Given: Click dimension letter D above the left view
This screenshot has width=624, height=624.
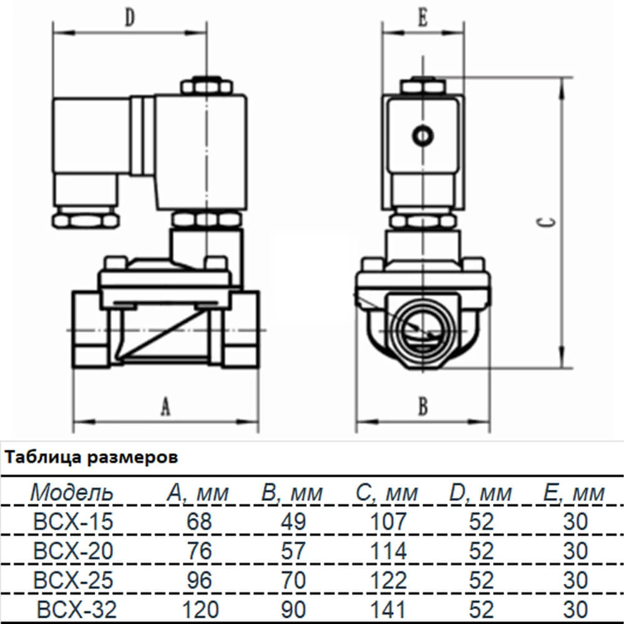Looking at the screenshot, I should tap(129, 19).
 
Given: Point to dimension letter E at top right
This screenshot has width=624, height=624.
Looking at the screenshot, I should tap(422, 19).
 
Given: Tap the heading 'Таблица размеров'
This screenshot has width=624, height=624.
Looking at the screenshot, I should tap(90, 458).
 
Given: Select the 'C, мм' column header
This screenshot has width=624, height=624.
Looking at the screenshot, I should tap(388, 494).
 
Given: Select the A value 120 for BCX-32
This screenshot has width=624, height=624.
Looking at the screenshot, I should tap(199, 609).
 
